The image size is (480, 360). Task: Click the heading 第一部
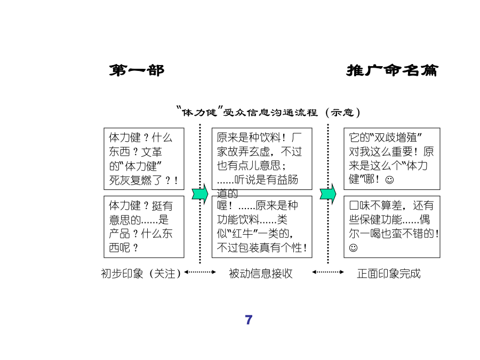point(137,70)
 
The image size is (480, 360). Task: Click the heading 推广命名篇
point(392,70)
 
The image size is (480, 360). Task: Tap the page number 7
point(249,320)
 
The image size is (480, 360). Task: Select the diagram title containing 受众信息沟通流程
point(268,112)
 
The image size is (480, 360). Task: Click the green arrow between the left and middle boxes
point(200,194)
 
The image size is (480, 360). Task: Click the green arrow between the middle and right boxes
point(328,194)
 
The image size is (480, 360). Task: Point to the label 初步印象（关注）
point(141,274)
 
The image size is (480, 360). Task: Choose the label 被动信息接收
point(260,274)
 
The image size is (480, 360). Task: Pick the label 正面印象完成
point(389,274)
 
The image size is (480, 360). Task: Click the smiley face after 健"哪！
point(389,180)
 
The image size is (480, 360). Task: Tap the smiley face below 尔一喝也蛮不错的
point(353,247)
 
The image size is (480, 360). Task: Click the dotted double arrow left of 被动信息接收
point(200,272)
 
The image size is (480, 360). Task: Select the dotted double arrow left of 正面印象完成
point(328,272)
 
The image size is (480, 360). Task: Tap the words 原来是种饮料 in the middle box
point(249,138)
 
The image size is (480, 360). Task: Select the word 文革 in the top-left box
point(151,151)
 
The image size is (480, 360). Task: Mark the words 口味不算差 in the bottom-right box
point(375,205)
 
